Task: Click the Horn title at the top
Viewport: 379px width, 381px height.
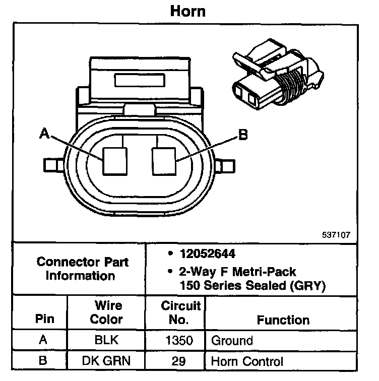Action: pos(187,11)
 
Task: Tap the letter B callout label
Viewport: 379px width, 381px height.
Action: pos(242,135)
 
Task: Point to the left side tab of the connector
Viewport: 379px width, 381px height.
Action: pos(53,165)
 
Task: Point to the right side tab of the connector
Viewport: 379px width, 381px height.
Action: pos(225,165)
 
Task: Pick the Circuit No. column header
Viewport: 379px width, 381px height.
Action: pos(181,312)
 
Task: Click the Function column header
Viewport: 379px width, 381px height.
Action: pos(283,320)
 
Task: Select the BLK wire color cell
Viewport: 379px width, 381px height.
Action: pos(106,340)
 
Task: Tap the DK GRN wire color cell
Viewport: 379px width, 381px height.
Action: pos(106,361)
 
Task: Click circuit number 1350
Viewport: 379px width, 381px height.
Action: pos(179,340)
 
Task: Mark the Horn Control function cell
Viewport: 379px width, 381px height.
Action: pos(247,361)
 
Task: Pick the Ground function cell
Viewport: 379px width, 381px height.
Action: pos(231,340)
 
